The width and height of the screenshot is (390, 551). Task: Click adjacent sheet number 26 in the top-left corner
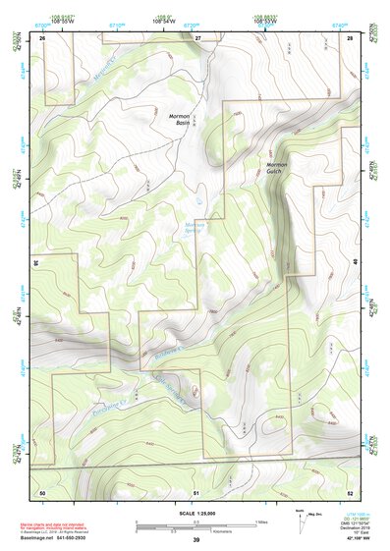42,36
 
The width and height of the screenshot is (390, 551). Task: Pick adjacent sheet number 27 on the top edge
196,36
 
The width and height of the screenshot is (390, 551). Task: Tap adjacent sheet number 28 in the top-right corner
349,36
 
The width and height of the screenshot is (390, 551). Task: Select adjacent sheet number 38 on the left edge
36,262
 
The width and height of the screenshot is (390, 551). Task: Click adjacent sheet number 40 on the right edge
356,262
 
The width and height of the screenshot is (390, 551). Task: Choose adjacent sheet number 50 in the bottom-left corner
42,491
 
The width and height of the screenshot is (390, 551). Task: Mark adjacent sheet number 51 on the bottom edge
196,491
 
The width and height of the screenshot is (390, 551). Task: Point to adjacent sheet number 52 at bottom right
349,491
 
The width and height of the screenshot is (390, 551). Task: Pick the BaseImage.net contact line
57,538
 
